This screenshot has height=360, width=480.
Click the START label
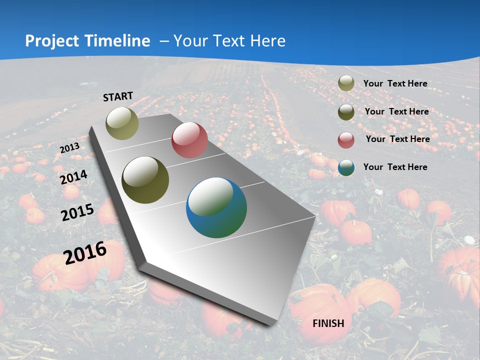click(x=118, y=96)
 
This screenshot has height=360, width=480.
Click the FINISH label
click(x=328, y=323)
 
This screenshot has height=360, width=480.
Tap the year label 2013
click(x=69, y=148)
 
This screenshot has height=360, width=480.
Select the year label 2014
click(x=74, y=177)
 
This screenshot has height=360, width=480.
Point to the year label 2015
click(x=77, y=212)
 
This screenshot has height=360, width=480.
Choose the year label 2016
click(x=85, y=253)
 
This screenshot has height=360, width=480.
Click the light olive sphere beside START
click(x=122, y=123)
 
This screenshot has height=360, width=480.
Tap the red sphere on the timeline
click(x=189, y=140)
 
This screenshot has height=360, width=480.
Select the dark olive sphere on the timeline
click(x=145, y=180)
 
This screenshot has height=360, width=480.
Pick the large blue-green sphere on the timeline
click(x=216, y=207)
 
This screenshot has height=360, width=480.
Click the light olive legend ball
click(x=346, y=83)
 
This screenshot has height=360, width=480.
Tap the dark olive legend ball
click(x=346, y=112)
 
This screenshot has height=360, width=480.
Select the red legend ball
click(x=346, y=140)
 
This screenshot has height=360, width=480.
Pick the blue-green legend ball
click(x=346, y=167)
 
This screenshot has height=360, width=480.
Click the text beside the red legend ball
click(x=397, y=139)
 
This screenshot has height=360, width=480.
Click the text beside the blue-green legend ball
click(x=395, y=167)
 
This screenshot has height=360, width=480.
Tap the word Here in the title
click(x=267, y=41)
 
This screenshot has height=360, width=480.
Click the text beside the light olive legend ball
click(x=395, y=83)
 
